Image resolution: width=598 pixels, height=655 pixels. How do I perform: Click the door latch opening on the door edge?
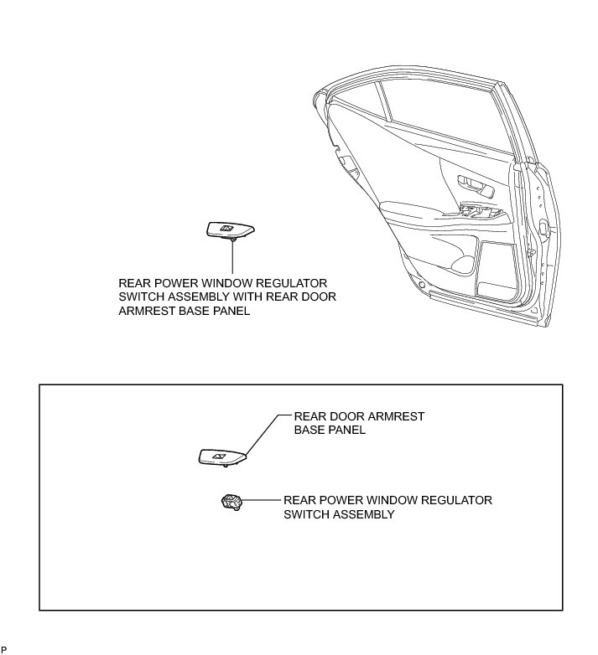[546, 228]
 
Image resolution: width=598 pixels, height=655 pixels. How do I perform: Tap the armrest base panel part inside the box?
[222, 456]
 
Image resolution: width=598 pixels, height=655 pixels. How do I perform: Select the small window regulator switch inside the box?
[229, 503]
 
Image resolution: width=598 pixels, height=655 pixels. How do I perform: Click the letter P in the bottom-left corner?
[3, 649]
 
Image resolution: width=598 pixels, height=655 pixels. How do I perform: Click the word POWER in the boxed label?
[335, 500]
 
